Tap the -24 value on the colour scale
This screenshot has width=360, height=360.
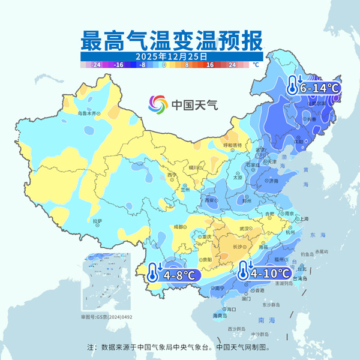pyautogui.click(x=95, y=64)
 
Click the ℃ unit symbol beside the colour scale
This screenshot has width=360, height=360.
pyautogui.click(x=255, y=64)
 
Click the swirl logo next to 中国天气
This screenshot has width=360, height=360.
pyautogui.click(x=159, y=104)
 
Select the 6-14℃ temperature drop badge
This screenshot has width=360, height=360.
pyautogui.click(x=313, y=87)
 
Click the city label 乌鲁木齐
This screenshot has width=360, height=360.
pyautogui.click(x=88, y=112)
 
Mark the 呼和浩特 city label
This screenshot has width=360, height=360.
pyautogui.click(x=232, y=145)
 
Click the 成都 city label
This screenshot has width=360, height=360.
pyautogui.click(x=178, y=227)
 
